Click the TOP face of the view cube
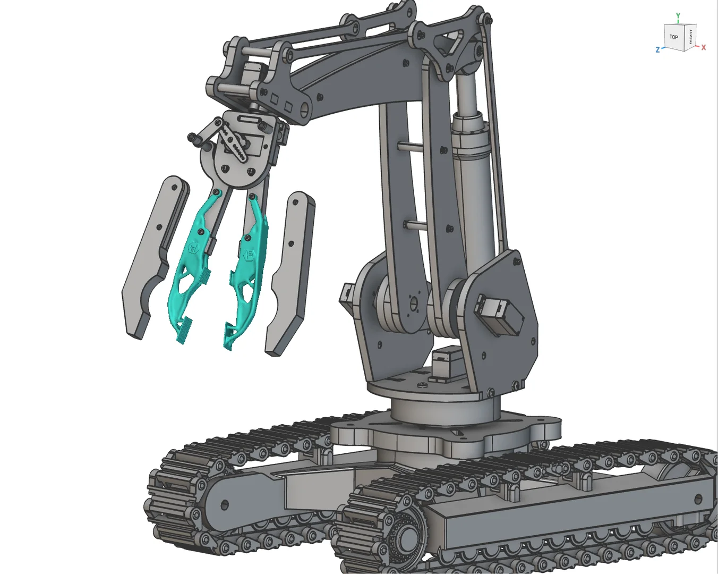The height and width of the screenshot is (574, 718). (x=673, y=37)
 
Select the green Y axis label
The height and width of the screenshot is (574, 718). (x=678, y=16)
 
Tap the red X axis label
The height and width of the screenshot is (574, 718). (x=704, y=48)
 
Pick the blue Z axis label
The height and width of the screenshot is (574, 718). (x=658, y=50)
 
